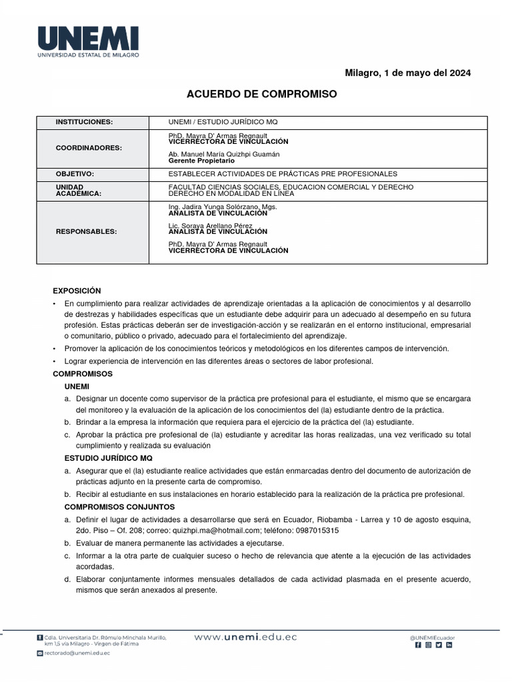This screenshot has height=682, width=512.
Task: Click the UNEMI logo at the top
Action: [88, 41]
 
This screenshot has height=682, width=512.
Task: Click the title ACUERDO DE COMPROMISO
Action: [261, 95]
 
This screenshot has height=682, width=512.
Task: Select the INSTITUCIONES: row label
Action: [84, 123]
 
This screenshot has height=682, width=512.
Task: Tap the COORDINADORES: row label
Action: [89, 147]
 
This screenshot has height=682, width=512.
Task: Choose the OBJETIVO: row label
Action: [75, 173]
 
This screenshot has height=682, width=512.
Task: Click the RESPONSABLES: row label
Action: [86, 232]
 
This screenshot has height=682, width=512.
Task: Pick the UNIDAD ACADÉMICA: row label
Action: [79, 190]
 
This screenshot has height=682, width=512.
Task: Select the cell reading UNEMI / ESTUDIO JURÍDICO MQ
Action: [223, 123]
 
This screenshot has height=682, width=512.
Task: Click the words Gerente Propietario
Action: [201, 161]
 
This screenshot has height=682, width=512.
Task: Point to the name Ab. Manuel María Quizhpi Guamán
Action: [224, 155]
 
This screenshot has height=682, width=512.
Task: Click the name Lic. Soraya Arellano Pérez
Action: [213, 226]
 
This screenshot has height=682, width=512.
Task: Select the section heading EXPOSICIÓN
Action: [77, 290]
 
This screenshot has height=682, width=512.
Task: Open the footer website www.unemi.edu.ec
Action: [245, 637]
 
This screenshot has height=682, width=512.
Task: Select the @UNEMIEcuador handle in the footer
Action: [433, 637]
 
